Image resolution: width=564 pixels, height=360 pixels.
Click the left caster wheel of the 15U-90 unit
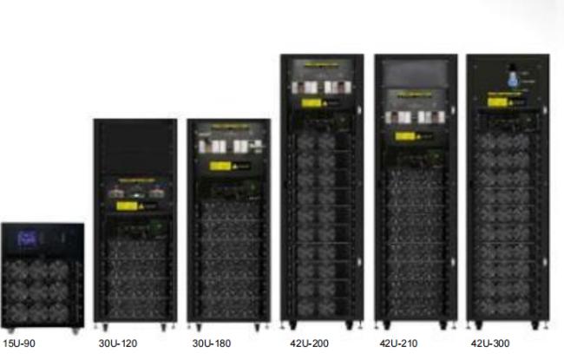[x=8, y=331]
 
